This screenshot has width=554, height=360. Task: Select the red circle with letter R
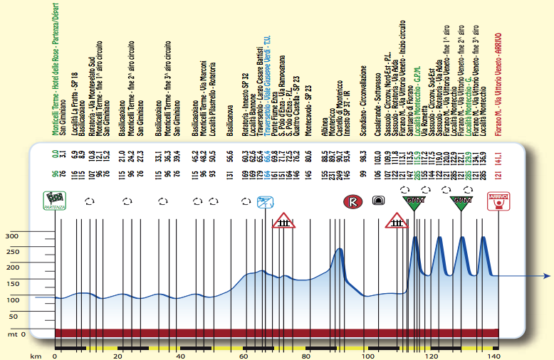pos(352,201)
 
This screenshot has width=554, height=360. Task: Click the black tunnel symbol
pos(377,202)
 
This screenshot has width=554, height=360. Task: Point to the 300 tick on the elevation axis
pos(12,236)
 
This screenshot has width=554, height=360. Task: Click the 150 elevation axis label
pos(12,284)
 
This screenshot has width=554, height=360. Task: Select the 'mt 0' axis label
pos(16,333)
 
